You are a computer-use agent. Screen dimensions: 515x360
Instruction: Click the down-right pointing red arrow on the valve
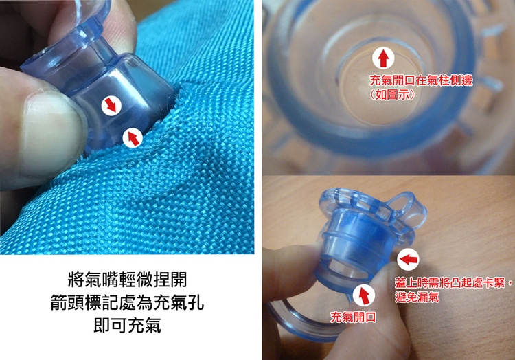pyautogui.click(x=111, y=106)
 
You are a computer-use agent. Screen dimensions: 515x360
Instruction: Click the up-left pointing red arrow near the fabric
pyautogui.click(x=133, y=137)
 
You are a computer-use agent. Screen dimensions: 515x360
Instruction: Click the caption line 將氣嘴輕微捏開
pyautogui.click(x=127, y=280)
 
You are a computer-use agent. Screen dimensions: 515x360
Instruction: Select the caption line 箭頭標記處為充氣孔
pyautogui.click(x=127, y=302)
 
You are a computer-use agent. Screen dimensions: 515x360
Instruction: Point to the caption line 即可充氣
pyautogui.click(x=127, y=325)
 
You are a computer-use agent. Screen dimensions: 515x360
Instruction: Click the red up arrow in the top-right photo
pyautogui.click(x=383, y=58)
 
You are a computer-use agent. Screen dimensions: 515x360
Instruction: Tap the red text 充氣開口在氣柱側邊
pyautogui.click(x=421, y=80)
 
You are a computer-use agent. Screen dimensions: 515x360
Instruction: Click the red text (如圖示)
pyautogui.click(x=391, y=95)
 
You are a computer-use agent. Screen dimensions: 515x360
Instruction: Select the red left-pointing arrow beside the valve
pyautogui.click(x=409, y=260)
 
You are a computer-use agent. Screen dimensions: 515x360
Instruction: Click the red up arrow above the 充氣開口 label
pyautogui.click(x=364, y=295)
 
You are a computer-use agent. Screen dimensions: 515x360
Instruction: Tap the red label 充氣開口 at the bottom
pyautogui.click(x=353, y=317)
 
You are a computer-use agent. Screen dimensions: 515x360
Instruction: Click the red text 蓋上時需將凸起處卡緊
pyautogui.click(x=450, y=282)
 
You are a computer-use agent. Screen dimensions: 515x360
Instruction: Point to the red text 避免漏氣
pyautogui.click(x=417, y=297)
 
